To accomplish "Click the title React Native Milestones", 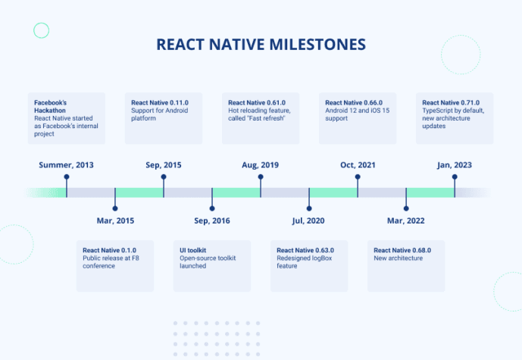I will pos(261,44).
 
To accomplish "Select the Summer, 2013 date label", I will pos(67,164).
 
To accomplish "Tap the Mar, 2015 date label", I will pos(115,221).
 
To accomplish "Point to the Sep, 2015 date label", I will pos(164,164).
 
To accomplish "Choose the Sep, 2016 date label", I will pos(212,221).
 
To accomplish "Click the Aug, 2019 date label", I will pos(261,164).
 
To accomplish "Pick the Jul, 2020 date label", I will pos(309,221).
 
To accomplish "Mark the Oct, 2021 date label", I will pos(358,164).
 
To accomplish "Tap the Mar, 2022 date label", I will pos(406,221).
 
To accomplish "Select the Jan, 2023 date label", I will pos(455,164).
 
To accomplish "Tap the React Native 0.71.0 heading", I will pos(452,102).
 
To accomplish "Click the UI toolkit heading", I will pos(194,250).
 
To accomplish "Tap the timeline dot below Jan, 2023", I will pos(455,178).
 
